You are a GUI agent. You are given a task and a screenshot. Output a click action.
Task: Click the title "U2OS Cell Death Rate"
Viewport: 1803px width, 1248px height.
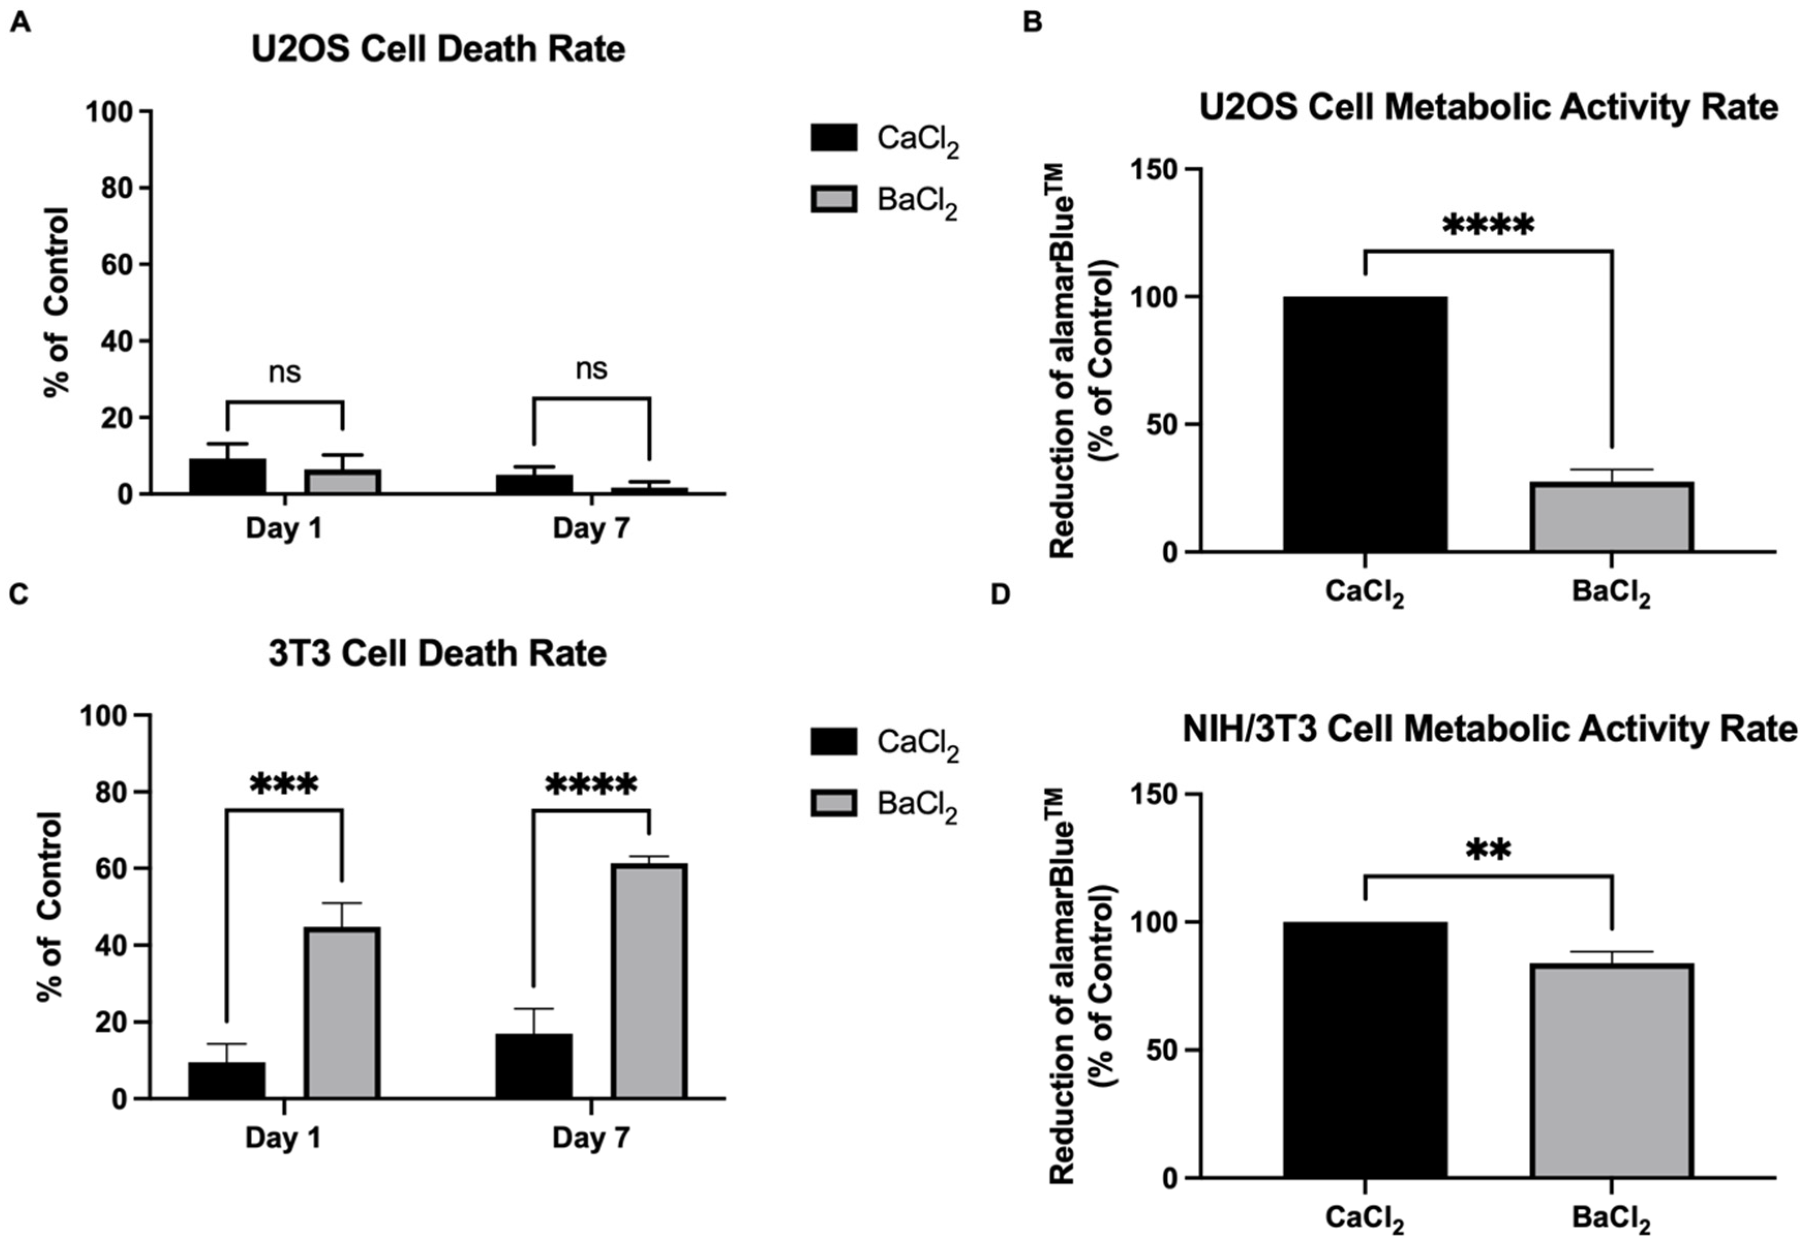(x=438, y=49)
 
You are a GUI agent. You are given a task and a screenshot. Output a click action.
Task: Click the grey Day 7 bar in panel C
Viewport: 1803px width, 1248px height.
(x=649, y=981)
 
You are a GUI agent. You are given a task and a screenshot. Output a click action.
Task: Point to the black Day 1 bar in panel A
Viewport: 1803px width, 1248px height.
(x=227, y=476)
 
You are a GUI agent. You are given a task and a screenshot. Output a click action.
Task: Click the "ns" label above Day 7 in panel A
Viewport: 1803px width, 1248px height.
(x=591, y=369)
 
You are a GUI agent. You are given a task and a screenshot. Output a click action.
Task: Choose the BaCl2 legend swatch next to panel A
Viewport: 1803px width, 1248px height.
(x=834, y=199)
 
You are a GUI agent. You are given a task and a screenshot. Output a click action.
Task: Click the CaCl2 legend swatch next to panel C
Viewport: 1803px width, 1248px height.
(x=834, y=741)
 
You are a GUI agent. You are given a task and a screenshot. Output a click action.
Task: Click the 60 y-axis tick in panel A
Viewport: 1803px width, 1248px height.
(x=118, y=264)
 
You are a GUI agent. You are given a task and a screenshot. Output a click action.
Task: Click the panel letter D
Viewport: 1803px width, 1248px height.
(x=1000, y=595)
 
